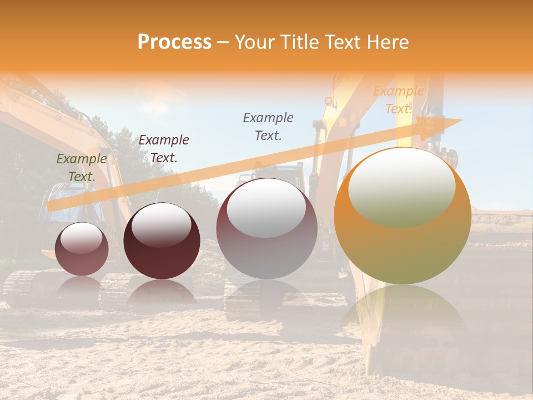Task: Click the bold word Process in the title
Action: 174,42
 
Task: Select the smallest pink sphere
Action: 82,249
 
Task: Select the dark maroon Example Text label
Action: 163,149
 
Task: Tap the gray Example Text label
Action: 268,126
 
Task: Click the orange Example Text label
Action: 398,100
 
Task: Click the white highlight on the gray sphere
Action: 266,208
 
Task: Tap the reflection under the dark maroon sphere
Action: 162,293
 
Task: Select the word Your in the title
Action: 254,42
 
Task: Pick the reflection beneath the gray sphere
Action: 266,297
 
